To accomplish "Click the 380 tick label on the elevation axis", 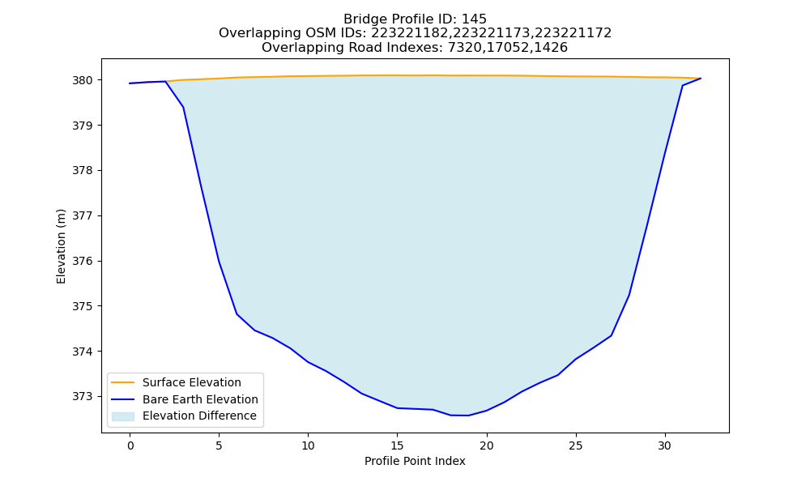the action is (x=83, y=80).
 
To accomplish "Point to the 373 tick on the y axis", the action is (x=83, y=397).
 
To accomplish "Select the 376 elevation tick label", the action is (x=83, y=262).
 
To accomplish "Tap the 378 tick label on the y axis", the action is (x=83, y=170).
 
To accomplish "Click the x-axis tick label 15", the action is (x=397, y=446).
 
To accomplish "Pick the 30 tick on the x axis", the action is (x=665, y=446).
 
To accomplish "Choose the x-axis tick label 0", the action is (x=130, y=446).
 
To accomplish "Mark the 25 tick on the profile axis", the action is (x=575, y=446).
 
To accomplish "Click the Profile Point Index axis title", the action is (x=415, y=461).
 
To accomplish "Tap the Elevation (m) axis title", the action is (x=61, y=246).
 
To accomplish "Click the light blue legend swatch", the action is (x=123, y=416).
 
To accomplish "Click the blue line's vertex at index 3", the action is (x=183, y=107).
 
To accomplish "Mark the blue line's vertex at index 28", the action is (x=629, y=296).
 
